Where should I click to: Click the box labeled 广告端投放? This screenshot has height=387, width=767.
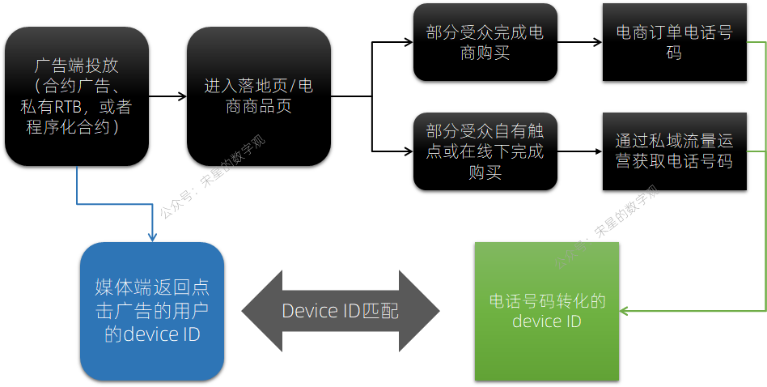(x=77, y=96)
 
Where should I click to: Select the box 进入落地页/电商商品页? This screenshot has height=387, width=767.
(x=259, y=96)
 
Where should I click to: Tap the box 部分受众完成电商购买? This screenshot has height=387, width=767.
(x=485, y=43)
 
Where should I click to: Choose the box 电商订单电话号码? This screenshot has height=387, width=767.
(x=674, y=43)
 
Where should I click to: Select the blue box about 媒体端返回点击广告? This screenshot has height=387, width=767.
(x=152, y=311)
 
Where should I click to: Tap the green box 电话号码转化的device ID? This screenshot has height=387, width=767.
(x=547, y=311)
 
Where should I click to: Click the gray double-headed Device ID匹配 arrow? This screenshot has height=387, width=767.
(x=340, y=311)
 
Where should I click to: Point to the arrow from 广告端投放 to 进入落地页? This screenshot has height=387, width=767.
(x=167, y=96)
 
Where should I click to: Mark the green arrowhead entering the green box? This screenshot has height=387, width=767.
(x=625, y=310)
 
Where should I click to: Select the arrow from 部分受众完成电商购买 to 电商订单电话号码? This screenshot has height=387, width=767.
(x=579, y=43)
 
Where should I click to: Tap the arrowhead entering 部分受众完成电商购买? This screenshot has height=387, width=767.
(x=408, y=43)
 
